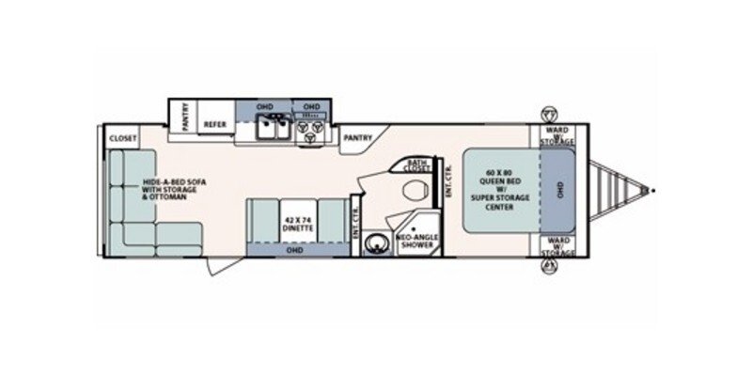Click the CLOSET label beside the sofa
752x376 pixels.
[122, 138]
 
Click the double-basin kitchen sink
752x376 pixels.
[271, 133]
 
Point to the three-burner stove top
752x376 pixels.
[309, 133]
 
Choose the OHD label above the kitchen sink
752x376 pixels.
[265, 106]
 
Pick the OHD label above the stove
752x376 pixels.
[311, 106]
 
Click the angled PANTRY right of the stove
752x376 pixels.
[357, 137]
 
